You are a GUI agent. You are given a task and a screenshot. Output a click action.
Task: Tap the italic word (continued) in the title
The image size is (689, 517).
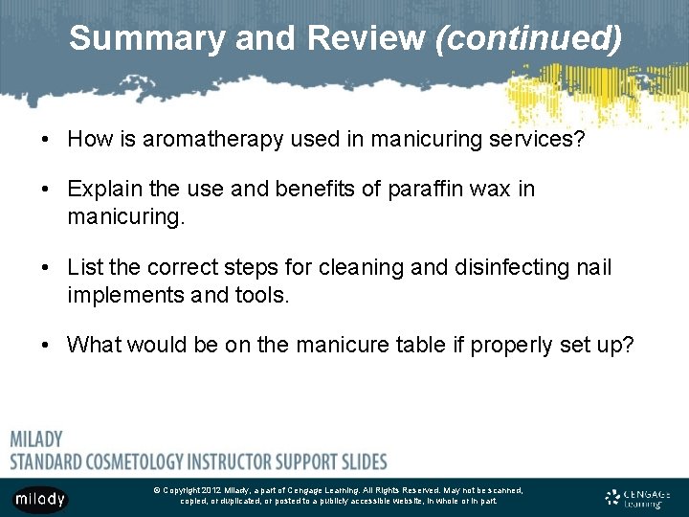point(527,38)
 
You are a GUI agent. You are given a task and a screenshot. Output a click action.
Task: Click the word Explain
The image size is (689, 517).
point(104,189)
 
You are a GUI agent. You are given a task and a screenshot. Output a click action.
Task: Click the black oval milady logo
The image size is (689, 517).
point(39,499)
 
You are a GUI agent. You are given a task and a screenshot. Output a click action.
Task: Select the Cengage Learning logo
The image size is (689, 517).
point(638,498)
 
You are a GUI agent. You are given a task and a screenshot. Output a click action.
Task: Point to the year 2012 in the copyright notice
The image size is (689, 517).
point(211,490)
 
